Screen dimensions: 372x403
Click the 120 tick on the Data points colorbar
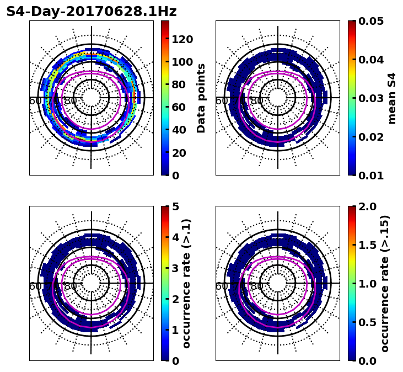click(x=182, y=39)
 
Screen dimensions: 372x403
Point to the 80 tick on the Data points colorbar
click(x=179, y=84)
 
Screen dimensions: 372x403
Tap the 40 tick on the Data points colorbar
click(x=179, y=130)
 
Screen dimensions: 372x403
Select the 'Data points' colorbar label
click(x=201, y=98)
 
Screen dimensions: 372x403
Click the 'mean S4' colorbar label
click(x=392, y=98)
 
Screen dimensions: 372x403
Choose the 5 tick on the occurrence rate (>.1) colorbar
click(x=175, y=206)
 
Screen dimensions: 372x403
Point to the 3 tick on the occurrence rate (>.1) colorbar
click(x=175, y=268)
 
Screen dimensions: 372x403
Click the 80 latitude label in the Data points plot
click(x=71, y=101)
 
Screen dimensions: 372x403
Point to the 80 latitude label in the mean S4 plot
click(x=257, y=101)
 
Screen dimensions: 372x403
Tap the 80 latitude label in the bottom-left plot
click(x=71, y=286)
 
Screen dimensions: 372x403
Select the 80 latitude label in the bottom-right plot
click(x=257, y=286)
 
